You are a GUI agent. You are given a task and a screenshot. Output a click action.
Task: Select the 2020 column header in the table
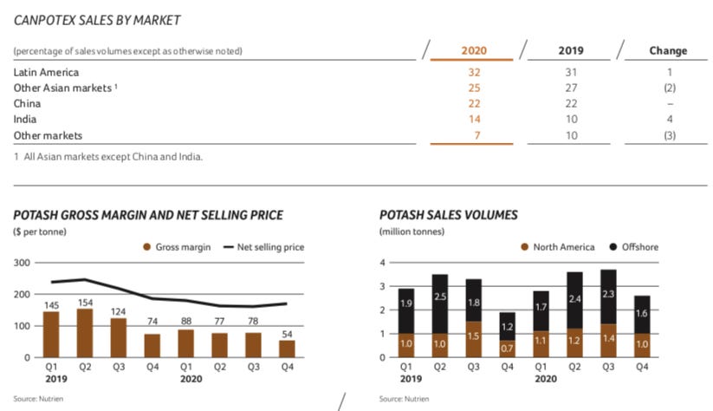coord(474,50)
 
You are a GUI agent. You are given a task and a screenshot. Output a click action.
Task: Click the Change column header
coord(668,50)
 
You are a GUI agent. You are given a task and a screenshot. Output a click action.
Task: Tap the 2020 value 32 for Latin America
coord(474,73)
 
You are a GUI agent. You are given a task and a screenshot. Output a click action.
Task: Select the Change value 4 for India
coord(670,120)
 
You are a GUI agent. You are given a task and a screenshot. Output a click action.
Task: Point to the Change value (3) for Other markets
coord(669,135)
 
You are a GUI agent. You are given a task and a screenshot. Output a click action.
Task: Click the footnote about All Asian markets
coord(108,157)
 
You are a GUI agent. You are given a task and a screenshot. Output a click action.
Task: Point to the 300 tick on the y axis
coord(22,263)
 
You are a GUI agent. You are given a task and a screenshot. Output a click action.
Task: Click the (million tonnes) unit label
coord(412,232)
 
